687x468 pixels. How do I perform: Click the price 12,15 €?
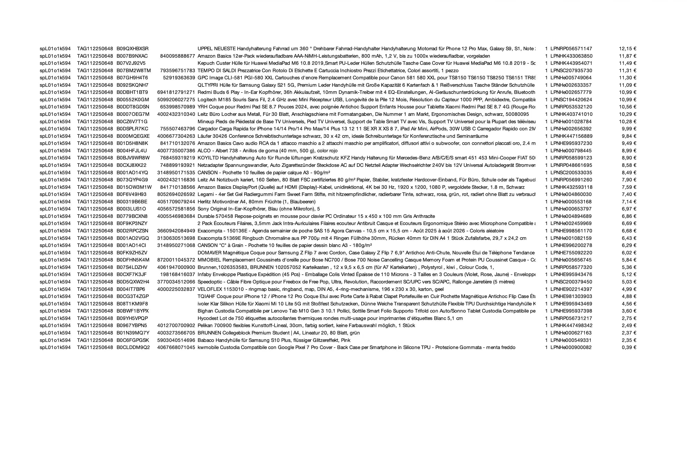[x=628, y=48]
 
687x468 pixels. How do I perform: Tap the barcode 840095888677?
[x=177, y=56]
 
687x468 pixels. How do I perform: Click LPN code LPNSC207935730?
[x=571, y=70]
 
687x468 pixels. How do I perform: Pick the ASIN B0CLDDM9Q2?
[x=133, y=347]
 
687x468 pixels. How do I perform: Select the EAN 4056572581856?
[x=176, y=209]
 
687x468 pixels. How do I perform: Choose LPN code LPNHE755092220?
[x=571, y=253]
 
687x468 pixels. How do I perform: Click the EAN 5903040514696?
[x=176, y=340]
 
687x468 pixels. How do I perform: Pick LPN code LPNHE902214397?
[x=571, y=289]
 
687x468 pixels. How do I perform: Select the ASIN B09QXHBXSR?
[x=132, y=48]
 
